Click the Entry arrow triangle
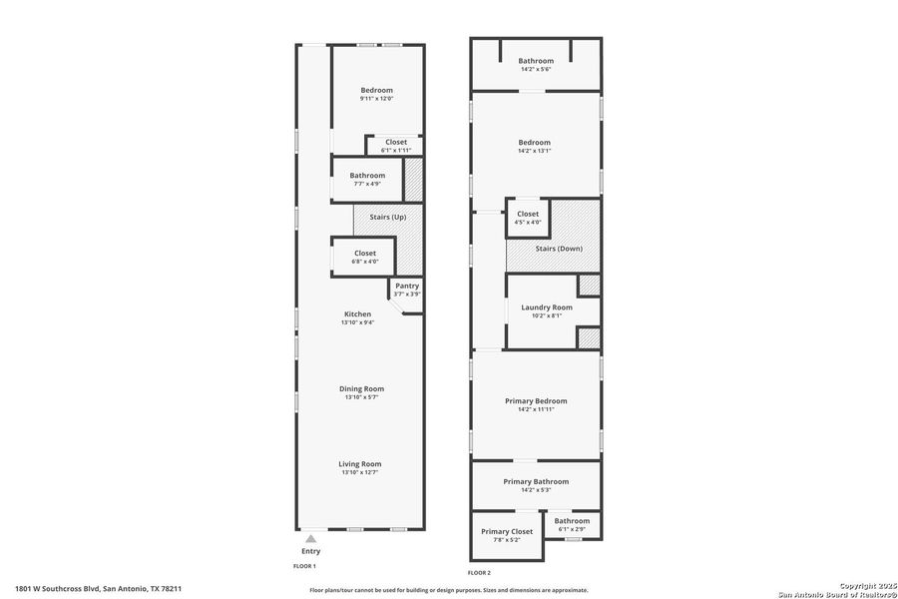tap(310, 538)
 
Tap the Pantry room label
tap(407, 286)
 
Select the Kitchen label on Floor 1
tap(357, 314)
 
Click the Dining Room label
tap(360, 388)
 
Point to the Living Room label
tap(360, 463)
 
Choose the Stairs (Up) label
tap(387, 217)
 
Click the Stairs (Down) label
tap(558, 249)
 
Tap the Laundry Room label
tap(547, 307)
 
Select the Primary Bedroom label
tap(535, 400)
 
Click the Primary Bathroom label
tap(535, 481)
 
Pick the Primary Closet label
tap(508, 531)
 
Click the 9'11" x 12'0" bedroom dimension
tap(376, 99)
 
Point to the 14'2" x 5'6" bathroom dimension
tap(535, 70)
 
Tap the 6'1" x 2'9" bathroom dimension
tap(572, 529)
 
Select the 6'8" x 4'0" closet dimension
tap(365, 262)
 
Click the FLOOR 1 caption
tap(303, 566)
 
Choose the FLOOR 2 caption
tap(479, 573)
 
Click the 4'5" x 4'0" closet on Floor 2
tap(528, 218)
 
